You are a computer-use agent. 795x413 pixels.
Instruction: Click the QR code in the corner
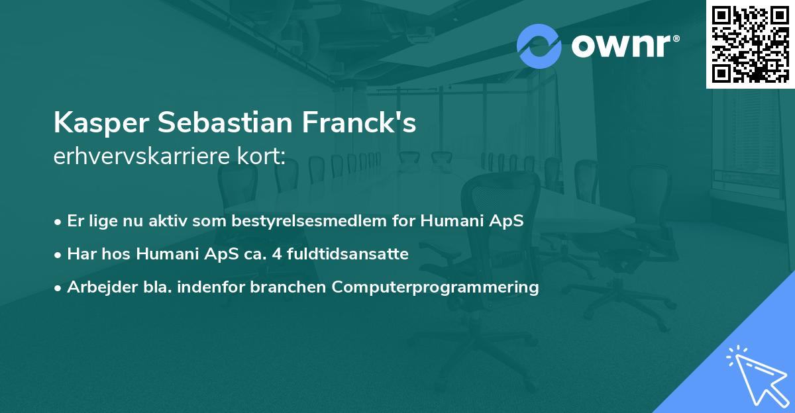tap(750, 44)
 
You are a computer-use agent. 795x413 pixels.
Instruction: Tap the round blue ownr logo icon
tap(539, 46)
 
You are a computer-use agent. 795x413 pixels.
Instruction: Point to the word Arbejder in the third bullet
tap(97, 287)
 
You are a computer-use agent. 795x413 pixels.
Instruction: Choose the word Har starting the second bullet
tap(80, 254)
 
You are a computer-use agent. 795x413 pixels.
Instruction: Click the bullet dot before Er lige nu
tap(59, 222)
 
